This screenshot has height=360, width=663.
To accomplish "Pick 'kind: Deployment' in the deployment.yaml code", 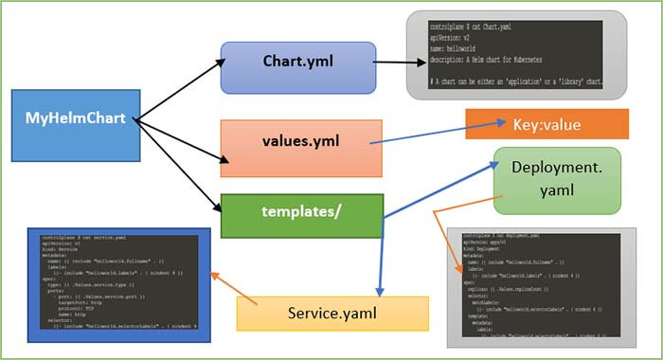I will point(488,250).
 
